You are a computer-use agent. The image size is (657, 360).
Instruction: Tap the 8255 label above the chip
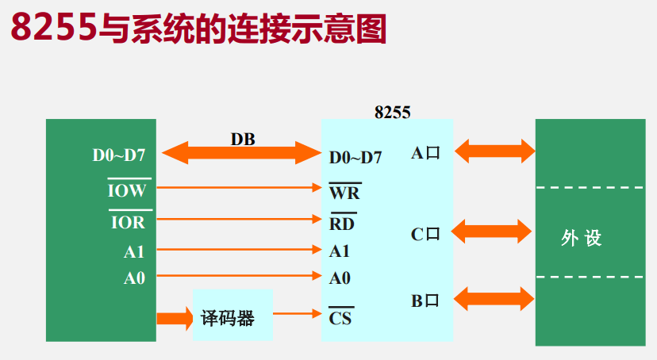click(392, 112)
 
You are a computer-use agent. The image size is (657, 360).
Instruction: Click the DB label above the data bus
click(243, 140)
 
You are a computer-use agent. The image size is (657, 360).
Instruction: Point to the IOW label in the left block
click(127, 190)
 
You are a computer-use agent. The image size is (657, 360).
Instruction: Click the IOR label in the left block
click(127, 222)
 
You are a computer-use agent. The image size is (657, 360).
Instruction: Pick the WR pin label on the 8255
click(344, 193)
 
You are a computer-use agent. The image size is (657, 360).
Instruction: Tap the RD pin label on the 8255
click(342, 223)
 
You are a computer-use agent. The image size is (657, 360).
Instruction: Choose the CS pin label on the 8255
click(340, 319)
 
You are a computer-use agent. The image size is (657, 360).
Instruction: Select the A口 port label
click(425, 153)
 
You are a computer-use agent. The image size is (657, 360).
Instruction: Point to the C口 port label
click(425, 234)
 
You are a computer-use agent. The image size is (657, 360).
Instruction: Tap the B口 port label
click(425, 301)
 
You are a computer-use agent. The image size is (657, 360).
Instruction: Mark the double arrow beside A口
click(494, 151)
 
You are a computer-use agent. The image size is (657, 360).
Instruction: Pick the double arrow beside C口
click(490, 232)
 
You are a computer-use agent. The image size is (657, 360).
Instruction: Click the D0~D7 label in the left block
click(119, 155)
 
